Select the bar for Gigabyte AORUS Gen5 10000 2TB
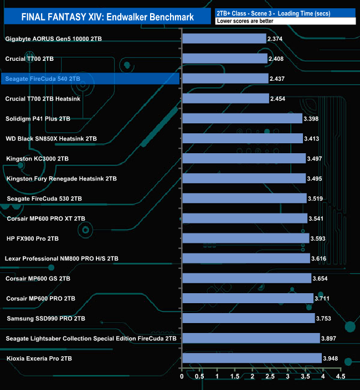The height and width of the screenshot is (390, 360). (224, 39)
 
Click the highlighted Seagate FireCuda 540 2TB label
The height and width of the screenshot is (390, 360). (43, 79)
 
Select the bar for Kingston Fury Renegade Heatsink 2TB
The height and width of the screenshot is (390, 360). (244, 179)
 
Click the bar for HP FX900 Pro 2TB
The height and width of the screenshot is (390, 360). (245, 238)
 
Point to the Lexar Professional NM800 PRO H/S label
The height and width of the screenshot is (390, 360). (61, 258)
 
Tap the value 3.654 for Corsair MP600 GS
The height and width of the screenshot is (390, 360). (321, 278)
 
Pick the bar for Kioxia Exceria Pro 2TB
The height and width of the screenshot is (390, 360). (251, 358)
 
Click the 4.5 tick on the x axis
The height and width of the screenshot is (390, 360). (340, 377)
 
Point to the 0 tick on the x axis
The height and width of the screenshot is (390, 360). (182, 377)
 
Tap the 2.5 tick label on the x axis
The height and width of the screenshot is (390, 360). (270, 377)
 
